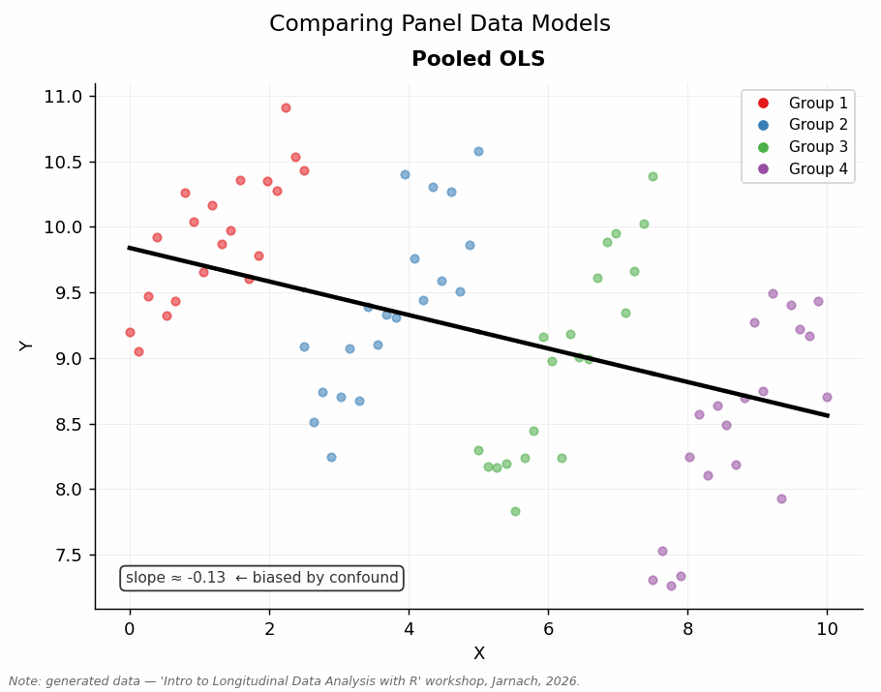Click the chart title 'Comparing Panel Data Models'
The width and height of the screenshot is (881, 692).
tap(440, 24)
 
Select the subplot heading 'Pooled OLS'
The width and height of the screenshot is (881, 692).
tap(478, 60)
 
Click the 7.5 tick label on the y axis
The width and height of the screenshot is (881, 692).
tap(68, 556)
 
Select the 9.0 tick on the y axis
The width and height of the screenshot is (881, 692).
tap(68, 359)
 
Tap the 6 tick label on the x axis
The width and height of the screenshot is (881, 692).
tap(548, 629)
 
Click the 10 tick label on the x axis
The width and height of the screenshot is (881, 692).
tap(827, 629)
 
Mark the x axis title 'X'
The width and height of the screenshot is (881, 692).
tap(478, 654)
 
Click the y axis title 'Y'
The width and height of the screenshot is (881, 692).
tap(27, 346)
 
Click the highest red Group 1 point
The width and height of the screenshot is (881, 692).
tap(286, 107)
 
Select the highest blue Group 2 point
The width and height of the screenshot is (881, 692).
tap(478, 151)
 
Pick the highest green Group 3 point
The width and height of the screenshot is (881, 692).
tap(653, 176)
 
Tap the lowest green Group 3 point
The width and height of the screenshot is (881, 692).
tap(515, 511)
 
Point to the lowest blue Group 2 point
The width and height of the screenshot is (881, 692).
tap(331, 457)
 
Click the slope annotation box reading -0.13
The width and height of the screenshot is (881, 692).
tap(261, 578)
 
